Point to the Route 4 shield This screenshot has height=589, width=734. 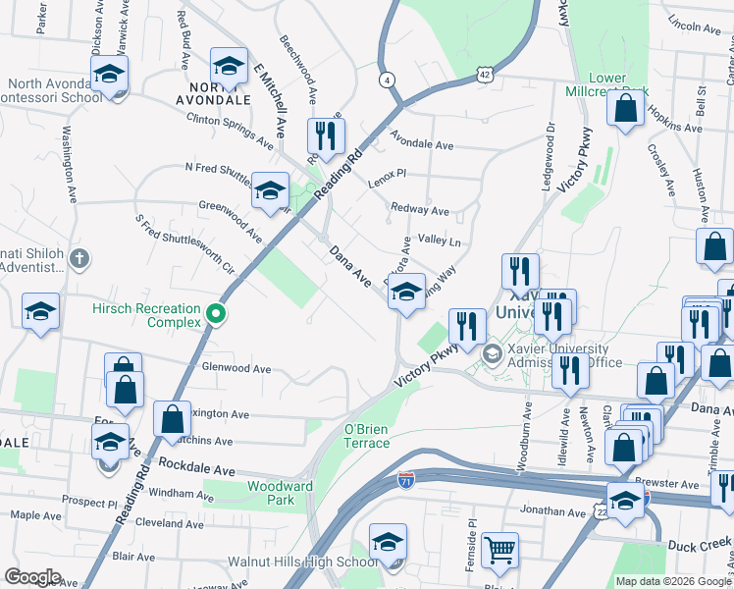coord(389,80)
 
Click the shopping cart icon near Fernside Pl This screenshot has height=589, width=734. coord(499,552)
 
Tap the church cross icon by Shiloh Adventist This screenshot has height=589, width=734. coord(79,260)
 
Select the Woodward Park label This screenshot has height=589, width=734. coord(280,493)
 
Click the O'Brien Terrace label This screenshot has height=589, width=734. coord(366,436)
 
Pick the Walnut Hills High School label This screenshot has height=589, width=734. coord(302,562)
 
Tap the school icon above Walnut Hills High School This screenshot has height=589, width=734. coord(388,541)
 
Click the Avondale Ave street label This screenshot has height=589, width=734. coord(422,143)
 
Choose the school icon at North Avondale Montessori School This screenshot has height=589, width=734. coord(110,73)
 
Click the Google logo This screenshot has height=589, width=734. coord(32,576)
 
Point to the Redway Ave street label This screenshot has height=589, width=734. coord(419,210)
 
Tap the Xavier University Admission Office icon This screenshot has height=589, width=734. coord(492,353)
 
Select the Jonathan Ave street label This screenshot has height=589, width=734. coord(552,511)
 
